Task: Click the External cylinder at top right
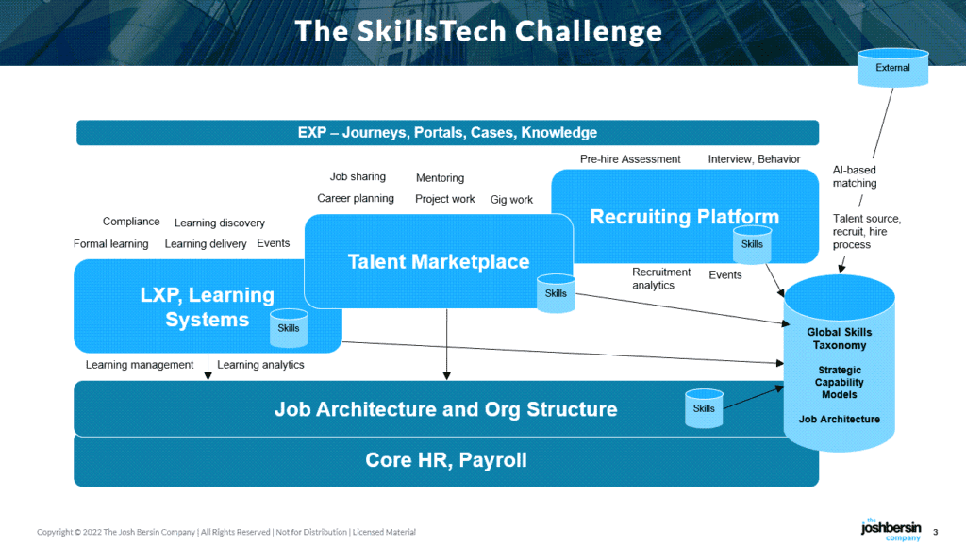tap(892, 68)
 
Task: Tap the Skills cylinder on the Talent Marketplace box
tap(556, 293)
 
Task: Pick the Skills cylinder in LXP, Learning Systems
tap(289, 328)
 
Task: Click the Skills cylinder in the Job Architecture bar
tap(704, 408)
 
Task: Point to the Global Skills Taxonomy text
tap(839, 339)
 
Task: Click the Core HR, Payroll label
tap(445, 460)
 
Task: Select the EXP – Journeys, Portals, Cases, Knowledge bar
tap(447, 133)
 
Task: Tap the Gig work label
tap(511, 200)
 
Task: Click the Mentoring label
tap(440, 178)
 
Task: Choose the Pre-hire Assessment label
tap(629, 159)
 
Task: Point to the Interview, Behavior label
tap(754, 159)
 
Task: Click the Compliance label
tap(131, 222)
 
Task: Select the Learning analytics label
tap(260, 365)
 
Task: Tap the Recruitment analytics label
tap(661, 278)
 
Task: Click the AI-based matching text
tap(854, 176)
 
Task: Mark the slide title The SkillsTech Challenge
tap(478, 31)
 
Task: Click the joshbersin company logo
tap(890, 529)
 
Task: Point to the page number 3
tap(935, 530)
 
